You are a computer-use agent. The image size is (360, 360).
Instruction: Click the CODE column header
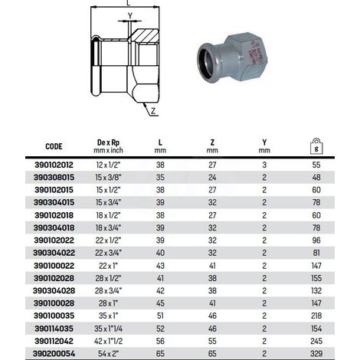click(54, 146)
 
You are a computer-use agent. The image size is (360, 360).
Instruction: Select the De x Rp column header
click(108, 146)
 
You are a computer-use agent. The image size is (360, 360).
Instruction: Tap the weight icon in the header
click(316, 146)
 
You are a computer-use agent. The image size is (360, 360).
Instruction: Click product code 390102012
click(54, 165)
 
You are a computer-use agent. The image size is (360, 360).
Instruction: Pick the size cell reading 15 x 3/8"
click(108, 178)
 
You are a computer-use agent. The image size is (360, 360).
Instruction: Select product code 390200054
click(54, 354)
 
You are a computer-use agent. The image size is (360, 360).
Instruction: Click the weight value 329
click(316, 354)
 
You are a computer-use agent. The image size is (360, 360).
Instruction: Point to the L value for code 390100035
click(160, 316)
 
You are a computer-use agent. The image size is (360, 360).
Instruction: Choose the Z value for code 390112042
click(212, 341)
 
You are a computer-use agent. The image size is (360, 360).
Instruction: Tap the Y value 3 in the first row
click(264, 165)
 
